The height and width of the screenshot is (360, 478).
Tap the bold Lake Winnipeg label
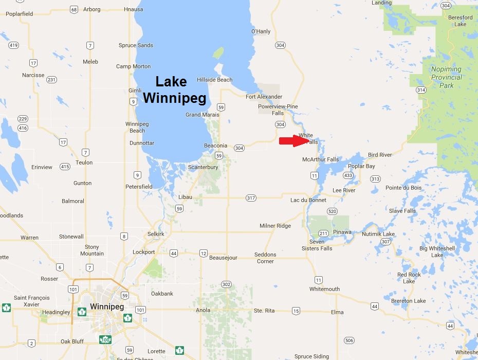click(174, 89)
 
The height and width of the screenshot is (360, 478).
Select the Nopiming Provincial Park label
click(446, 77)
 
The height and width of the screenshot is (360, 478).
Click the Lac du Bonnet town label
click(308, 200)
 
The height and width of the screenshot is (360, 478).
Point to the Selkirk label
click(156, 234)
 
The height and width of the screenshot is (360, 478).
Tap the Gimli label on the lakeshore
click(135, 91)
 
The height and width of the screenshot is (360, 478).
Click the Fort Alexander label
click(264, 97)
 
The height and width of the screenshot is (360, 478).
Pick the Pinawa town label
click(342, 232)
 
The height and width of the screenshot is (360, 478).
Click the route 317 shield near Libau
click(251, 198)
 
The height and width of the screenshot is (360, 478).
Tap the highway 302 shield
click(226, 284)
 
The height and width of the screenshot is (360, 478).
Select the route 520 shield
click(332, 211)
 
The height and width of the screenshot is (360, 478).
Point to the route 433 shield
click(348, 175)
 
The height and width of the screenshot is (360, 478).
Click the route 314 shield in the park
click(421, 89)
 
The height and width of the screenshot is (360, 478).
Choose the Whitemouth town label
click(324, 289)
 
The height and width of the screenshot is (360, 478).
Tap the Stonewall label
click(71, 237)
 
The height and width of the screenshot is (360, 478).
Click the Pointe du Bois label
click(403, 188)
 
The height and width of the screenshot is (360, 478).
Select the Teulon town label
click(84, 163)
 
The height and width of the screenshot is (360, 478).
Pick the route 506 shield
click(350, 340)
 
